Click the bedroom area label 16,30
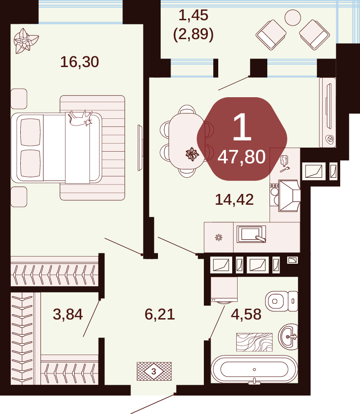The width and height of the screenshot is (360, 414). (80, 62)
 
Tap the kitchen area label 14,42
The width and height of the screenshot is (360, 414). (234, 200)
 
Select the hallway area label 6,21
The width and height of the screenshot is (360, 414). (160, 315)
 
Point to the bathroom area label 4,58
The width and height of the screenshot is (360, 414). (246, 315)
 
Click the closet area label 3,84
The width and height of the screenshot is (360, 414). (68, 315)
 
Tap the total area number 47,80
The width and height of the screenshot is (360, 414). (241, 157)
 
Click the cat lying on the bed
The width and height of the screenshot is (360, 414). (80, 118)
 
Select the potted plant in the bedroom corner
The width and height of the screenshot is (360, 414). (26, 41)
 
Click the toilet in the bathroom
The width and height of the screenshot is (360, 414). (282, 301)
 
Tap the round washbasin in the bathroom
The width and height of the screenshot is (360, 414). (288, 337)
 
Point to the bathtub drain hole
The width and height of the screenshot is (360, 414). (254, 369)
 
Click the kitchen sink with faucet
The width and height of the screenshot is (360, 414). (251, 234)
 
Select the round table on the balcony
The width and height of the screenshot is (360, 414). (292, 18)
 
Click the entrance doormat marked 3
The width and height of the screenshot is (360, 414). (154, 371)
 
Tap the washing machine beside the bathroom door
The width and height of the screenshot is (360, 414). (224, 290)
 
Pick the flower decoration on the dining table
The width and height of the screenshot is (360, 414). (192, 154)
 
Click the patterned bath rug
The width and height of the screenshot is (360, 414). (254, 342)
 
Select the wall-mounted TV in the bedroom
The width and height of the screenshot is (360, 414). (140, 148)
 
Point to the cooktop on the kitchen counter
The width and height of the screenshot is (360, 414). (274, 195)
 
